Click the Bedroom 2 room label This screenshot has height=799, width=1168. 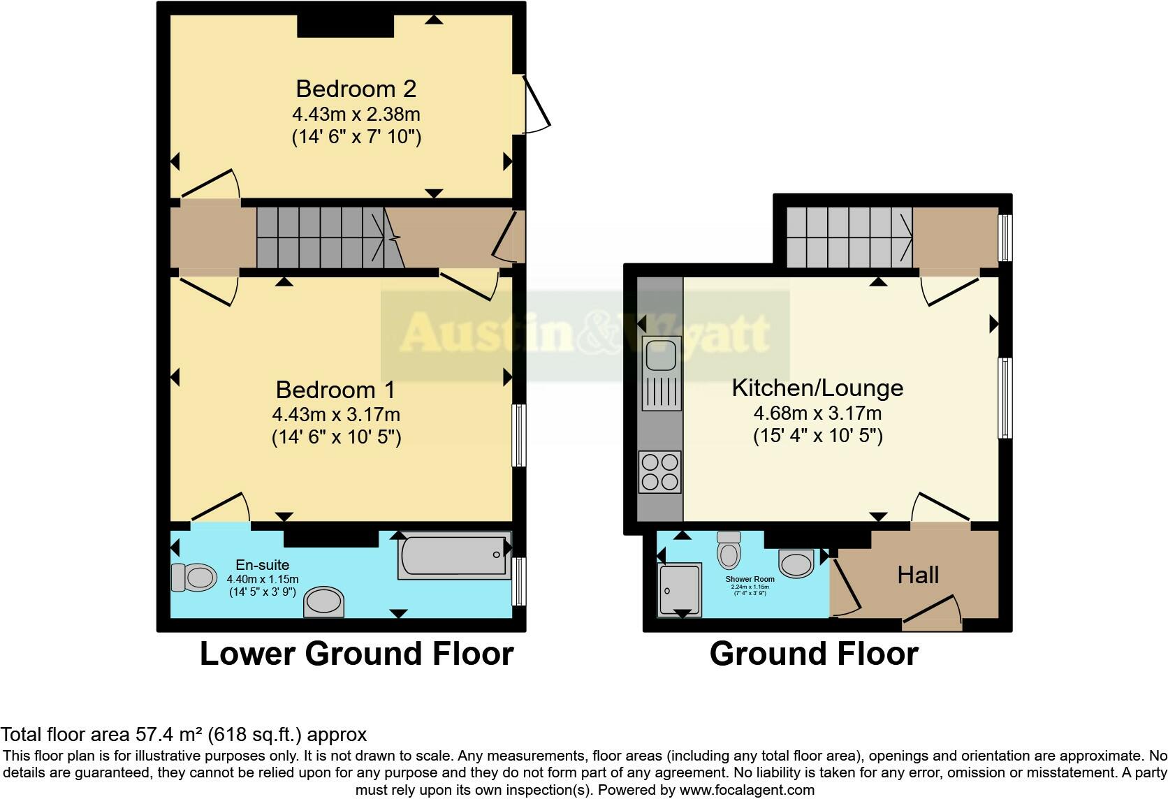click(x=356, y=89)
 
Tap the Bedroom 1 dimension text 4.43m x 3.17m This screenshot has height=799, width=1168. click(x=335, y=415)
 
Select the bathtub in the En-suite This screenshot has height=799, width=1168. click(x=455, y=556)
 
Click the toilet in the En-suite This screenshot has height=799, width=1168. click(x=194, y=578)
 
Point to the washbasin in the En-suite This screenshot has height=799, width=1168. click(x=324, y=602)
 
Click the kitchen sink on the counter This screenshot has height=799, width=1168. click(x=660, y=355)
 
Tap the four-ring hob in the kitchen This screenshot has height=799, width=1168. click(x=659, y=472)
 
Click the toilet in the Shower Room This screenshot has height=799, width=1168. click(x=729, y=550)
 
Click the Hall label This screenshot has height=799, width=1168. click(x=918, y=576)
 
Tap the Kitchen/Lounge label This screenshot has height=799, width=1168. click(x=817, y=388)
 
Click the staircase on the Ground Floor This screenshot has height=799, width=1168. click(x=849, y=237)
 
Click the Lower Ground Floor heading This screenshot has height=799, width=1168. click(x=356, y=654)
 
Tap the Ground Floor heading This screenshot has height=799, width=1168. click(x=814, y=654)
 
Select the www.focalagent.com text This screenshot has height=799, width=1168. click(x=746, y=790)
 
